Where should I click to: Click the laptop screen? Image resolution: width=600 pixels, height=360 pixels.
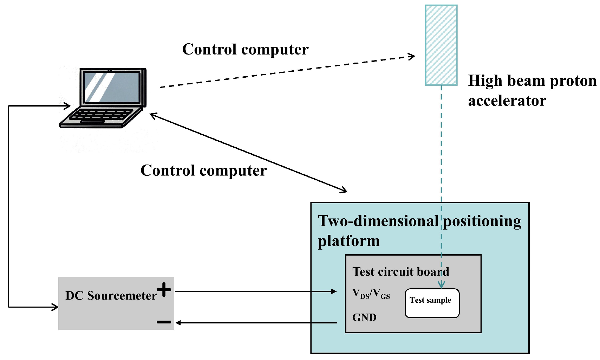pos(112,87)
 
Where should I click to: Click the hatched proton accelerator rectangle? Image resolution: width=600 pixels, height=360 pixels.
pos(441,45)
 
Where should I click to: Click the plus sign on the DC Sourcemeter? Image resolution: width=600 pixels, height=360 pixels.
pos(164,290)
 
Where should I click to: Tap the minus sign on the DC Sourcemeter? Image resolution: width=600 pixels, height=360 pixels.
pos(164,322)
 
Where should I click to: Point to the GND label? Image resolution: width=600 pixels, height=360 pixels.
pos(364,317)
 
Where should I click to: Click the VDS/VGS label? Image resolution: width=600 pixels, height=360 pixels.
pos(371,294)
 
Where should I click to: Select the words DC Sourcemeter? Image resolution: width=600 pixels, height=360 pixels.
pos(111,296)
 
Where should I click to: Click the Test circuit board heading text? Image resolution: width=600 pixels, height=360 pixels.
pos(400,272)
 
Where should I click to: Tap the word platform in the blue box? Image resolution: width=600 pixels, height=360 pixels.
pos(348,241)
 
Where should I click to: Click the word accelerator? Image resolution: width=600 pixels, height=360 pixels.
pos(507,101)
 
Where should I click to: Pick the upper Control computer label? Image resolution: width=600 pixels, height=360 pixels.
pos(245,49)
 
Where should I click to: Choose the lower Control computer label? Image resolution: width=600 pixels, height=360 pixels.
pos(203,171)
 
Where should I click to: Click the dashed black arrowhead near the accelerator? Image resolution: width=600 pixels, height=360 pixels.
pos(412,56)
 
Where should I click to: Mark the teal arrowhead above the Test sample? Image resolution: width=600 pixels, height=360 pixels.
pos(441,285)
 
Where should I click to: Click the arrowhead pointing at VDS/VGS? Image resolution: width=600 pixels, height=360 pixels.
pos(334,291)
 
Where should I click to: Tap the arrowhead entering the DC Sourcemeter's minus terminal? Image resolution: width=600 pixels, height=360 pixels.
pos(178,323)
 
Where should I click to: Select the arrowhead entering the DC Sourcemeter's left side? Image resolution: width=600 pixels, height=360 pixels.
pos(56,307)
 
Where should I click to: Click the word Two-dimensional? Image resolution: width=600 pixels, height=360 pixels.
pos(378,221)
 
